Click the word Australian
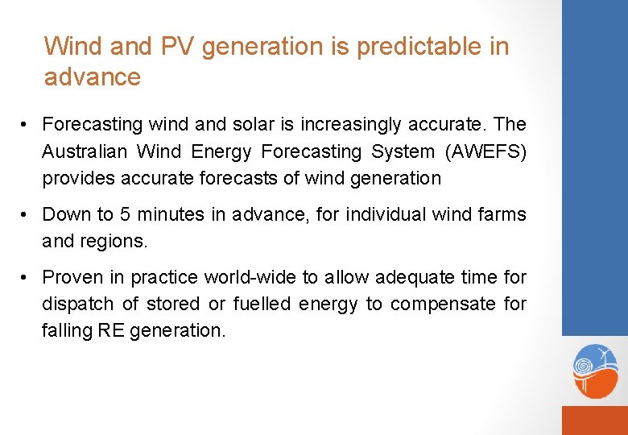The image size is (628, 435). tap(86, 151)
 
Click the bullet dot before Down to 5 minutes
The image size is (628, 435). tap(27, 215)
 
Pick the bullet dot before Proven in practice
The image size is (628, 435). tap(27, 278)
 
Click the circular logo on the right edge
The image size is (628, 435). tap(595, 371)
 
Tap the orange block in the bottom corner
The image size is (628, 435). tap(594, 420)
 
